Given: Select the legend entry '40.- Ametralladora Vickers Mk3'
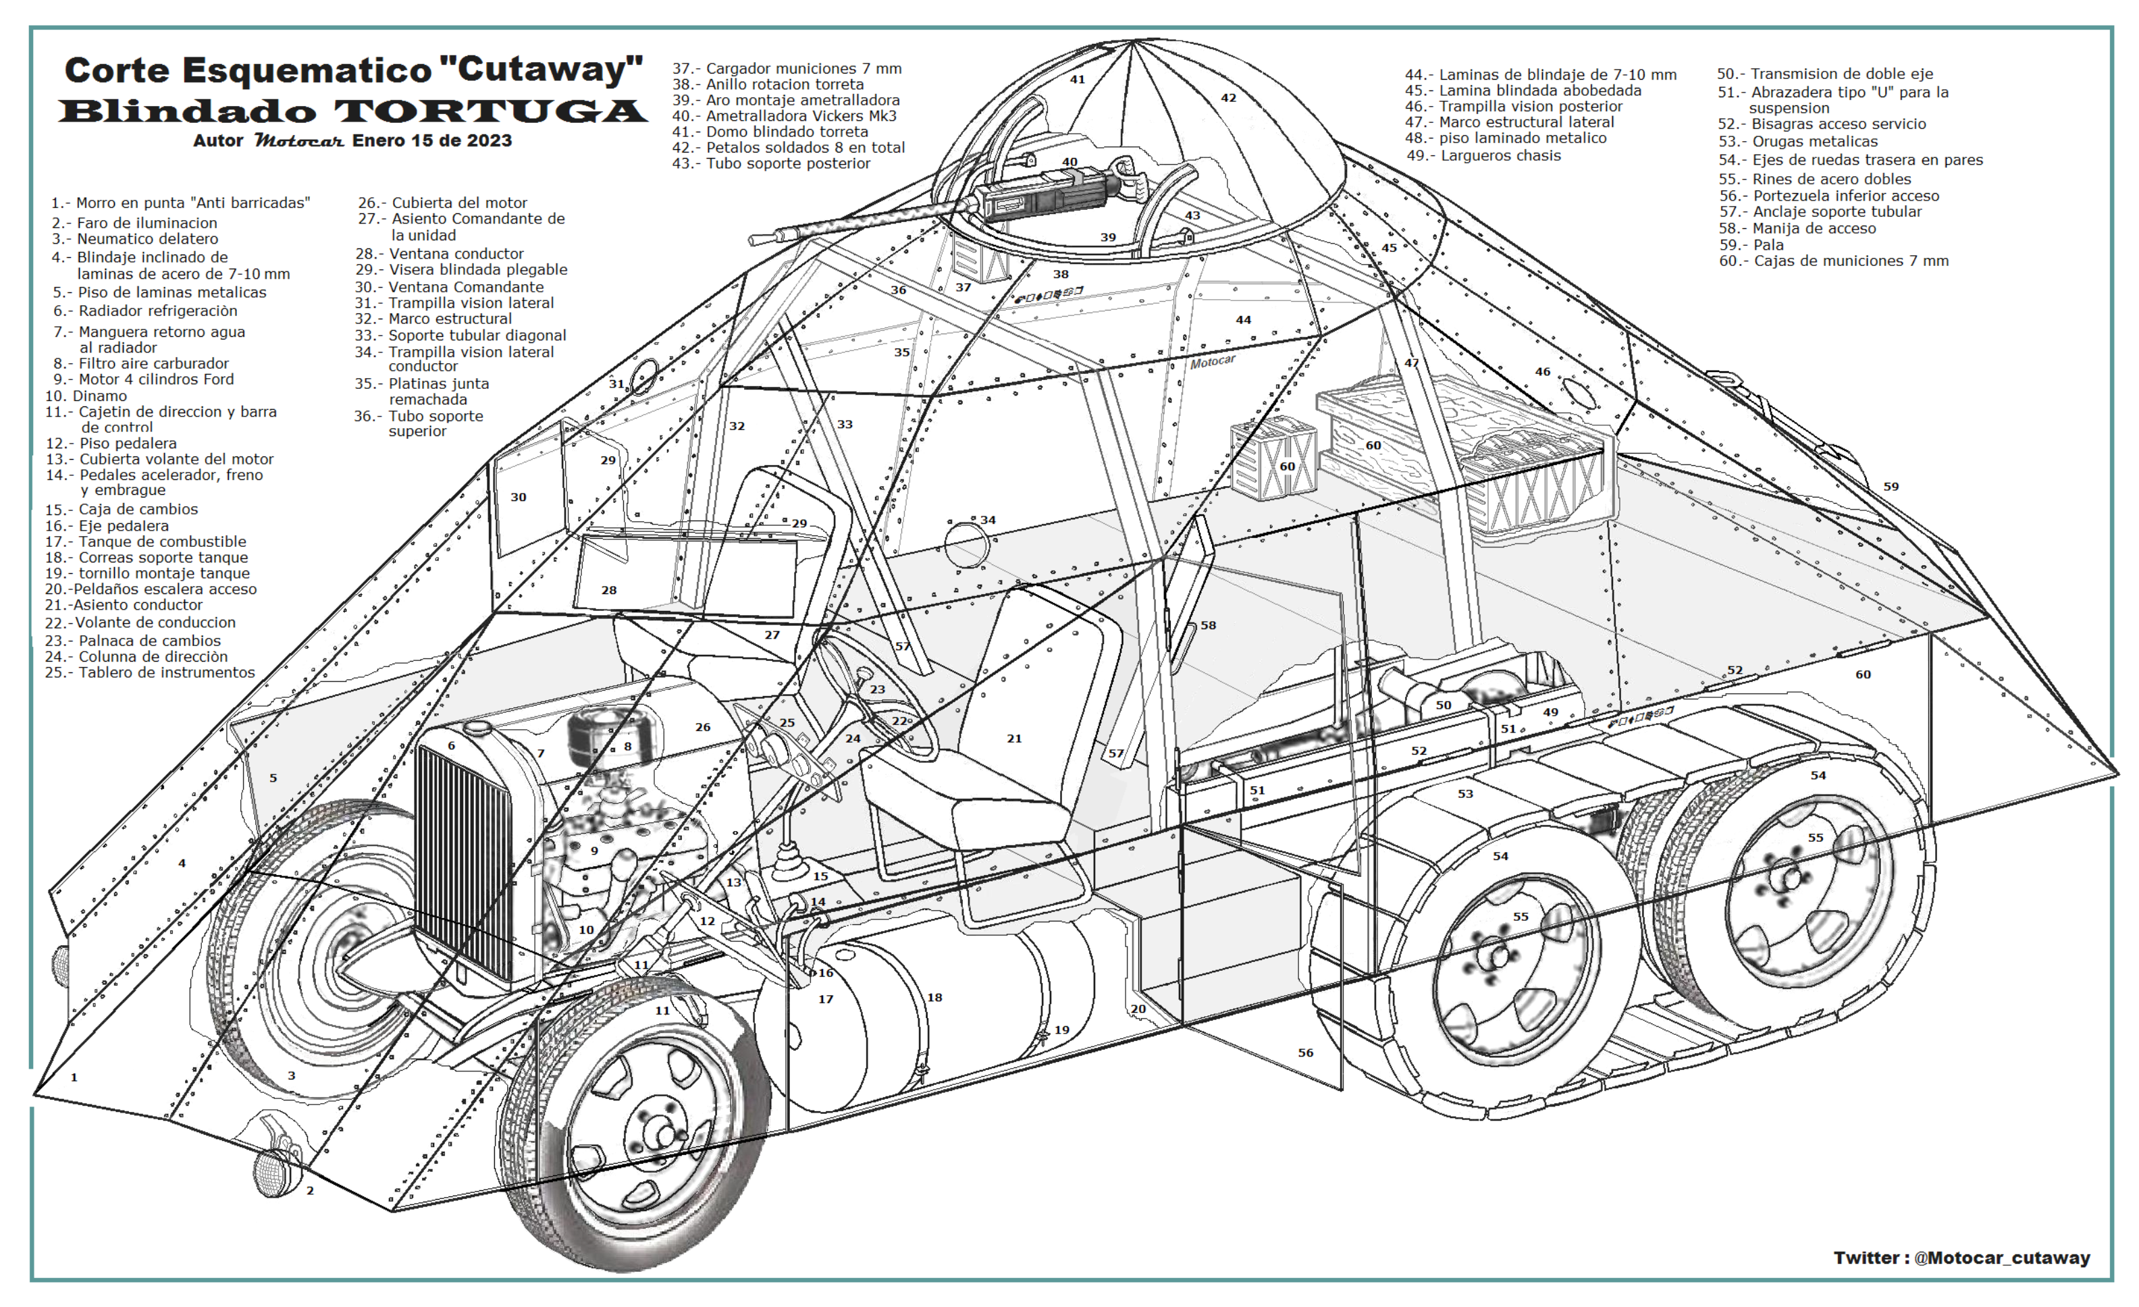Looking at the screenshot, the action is (x=784, y=116).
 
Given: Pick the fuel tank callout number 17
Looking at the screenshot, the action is (x=826, y=999).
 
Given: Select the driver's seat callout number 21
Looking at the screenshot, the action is (x=1014, y=739).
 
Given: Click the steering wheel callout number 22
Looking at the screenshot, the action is (x=899, y=721).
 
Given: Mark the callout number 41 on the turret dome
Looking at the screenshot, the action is (x=1078, y=79).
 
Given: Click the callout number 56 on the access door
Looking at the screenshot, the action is (x=1306, y=1052).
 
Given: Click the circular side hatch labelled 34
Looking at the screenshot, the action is (x=966, y=544).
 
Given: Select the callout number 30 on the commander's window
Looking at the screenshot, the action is (x=519, y=498).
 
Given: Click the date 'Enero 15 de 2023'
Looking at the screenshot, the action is (x=431, y=140).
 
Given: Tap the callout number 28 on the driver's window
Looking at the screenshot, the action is (x=610, y=590).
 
